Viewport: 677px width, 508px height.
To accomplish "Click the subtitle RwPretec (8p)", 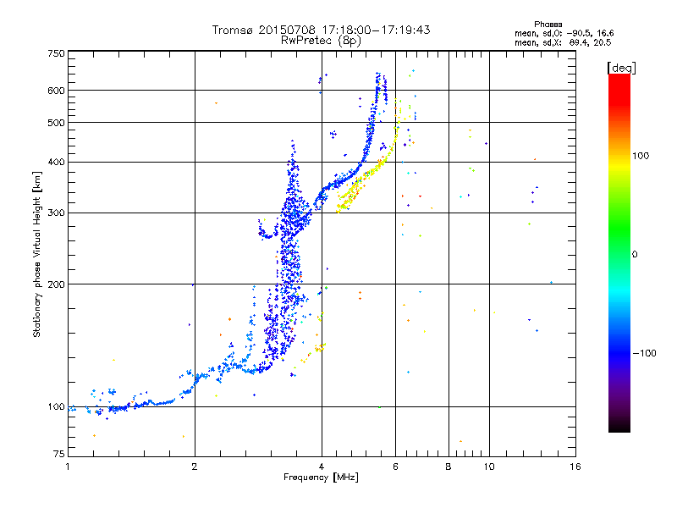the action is pyautogui.click(x=321, y=41).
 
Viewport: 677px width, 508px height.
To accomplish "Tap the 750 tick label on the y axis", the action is pyautogui.click(x=56, y=53).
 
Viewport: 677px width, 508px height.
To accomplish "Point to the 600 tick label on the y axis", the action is pyautogui.click(x=56, y=91).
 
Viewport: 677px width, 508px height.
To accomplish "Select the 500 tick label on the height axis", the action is pyautogui.click(x=56, y=122).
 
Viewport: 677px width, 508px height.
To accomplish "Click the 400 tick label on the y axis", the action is pyautogui.click(x=56, y=162).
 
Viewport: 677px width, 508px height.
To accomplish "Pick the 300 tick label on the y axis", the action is pyautogui.click(x=56, y=213).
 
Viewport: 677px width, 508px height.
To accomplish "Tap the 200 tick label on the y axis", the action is pyautogui.click(x=56, y=284).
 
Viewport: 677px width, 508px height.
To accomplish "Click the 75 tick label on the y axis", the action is pyautogui.click(x=59, y=454).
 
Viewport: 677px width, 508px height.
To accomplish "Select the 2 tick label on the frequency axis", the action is pyautogui.click(x=195, y=467).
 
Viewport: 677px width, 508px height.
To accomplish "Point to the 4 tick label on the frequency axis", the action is pyautogui.click(x=322, y=467).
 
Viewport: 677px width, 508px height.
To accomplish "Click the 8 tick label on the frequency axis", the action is pyautogui.click(x=449, y=467).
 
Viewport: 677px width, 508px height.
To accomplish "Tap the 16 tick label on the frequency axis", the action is pyautogui.click(x=575, y=467).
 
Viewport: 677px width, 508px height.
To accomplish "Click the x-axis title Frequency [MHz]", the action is pyautogui.click(x=322, y=478).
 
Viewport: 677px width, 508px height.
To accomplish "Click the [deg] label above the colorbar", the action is pyautogui.click(x=621, y=68).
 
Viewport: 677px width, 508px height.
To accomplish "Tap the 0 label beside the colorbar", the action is pyautogui.click(x=635, y=254).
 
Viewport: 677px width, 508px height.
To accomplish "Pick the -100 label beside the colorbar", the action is pyautogui.click(x=644, y=353).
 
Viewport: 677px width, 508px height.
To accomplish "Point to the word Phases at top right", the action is pyautogui.click(x=548, y=25).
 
